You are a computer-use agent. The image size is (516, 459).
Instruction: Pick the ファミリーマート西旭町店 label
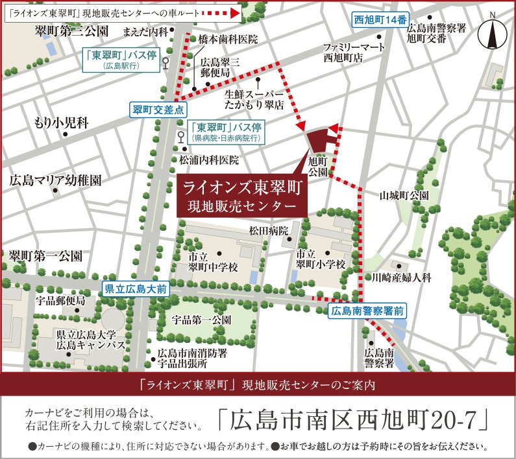[353, 52]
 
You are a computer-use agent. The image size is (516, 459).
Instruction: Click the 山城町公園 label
[404, 195]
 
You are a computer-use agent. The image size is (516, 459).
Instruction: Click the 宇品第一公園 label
[202, 320]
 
